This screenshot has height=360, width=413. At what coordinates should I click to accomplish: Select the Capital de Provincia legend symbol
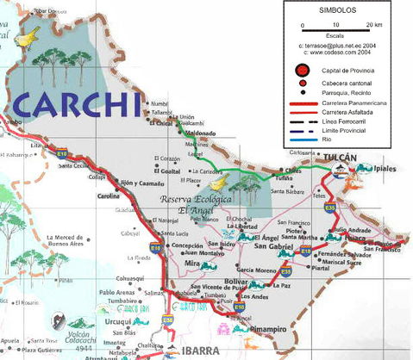tap(301, 70)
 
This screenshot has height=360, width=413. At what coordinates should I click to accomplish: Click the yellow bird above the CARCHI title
tap(28, 35)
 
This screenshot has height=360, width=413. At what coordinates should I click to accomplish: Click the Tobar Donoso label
tap(50, 12)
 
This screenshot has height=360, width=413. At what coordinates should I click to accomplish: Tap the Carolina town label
tap(108, 196)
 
